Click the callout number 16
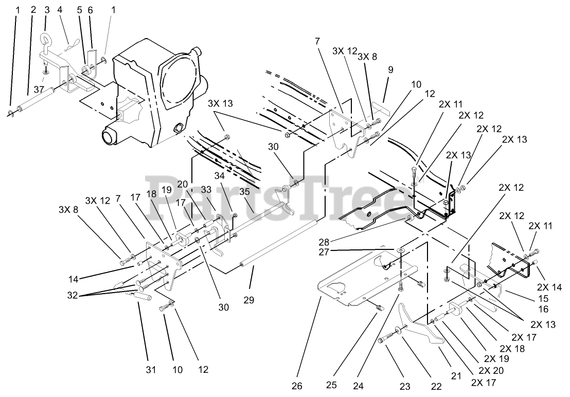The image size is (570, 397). [x=543, y=309]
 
